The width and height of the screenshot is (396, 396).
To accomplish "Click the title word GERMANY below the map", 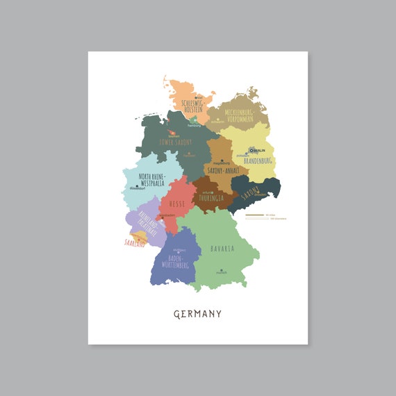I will pos(197,314).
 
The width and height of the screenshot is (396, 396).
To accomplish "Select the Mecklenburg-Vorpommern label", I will pos(238,114).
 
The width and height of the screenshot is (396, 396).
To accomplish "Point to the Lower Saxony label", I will pos(174,142).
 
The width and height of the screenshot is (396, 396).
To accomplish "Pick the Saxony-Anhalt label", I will pos(222,169).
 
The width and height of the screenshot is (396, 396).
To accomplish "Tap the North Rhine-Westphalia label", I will pos(151,181).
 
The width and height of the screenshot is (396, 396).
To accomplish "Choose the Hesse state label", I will pos(175,206).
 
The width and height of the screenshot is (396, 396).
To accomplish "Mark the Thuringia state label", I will pos(211,197).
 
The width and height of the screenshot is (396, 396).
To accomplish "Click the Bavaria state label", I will pos(222,248).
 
